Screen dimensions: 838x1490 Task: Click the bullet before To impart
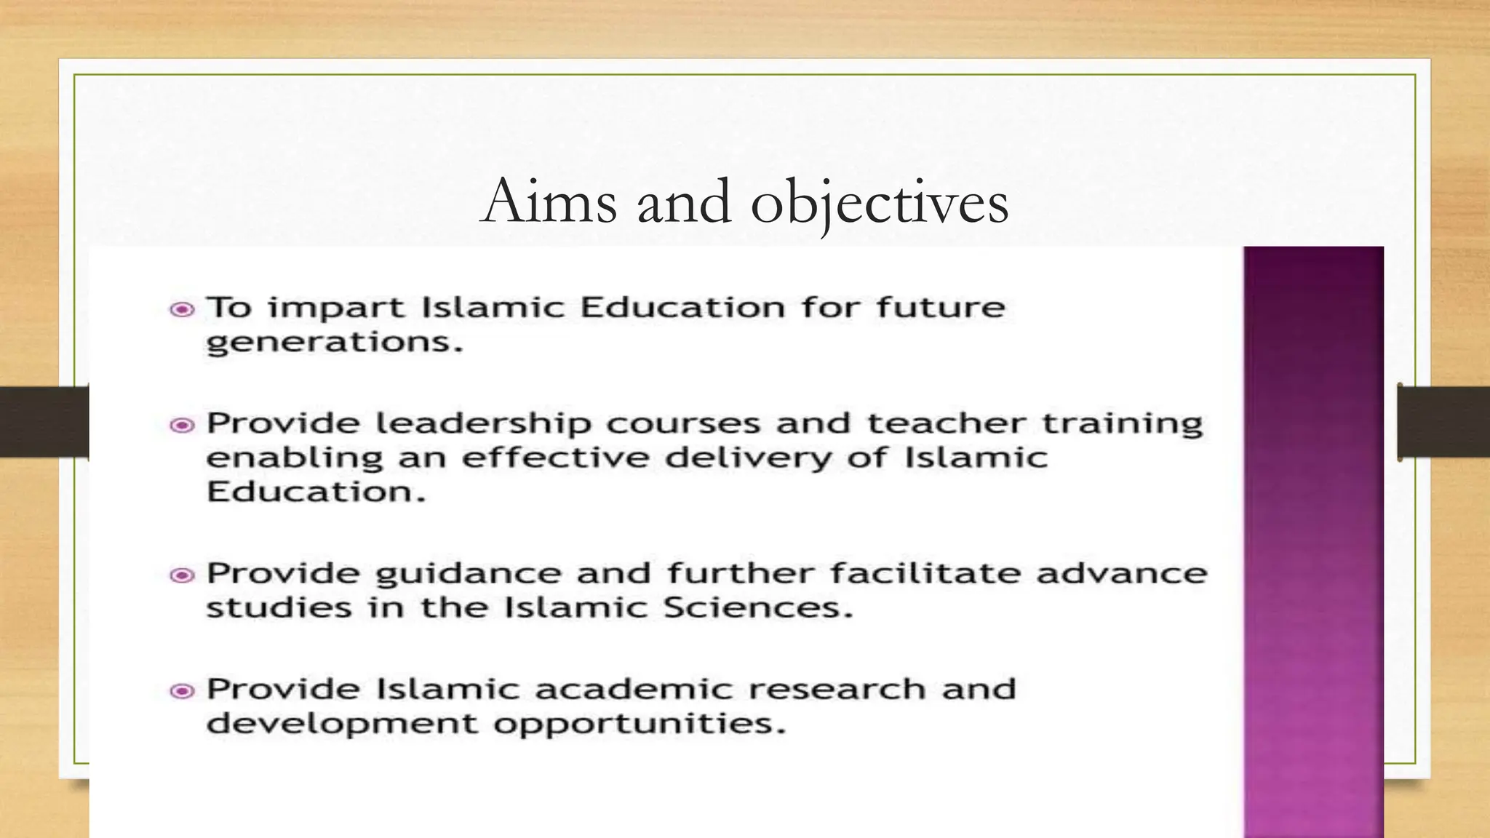coord(182,310)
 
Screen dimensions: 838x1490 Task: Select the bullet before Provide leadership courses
coord(182,425)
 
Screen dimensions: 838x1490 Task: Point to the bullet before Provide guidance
coord(182,575)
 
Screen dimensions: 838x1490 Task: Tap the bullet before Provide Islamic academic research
coord(182,691)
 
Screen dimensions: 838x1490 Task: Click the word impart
coord(335,308)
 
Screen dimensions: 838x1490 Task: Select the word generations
coord(334,343)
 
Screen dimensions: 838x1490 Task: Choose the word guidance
coord(468,575)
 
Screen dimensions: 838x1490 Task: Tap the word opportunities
coord(640,725)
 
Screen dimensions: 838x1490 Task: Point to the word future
coord(940,308)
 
